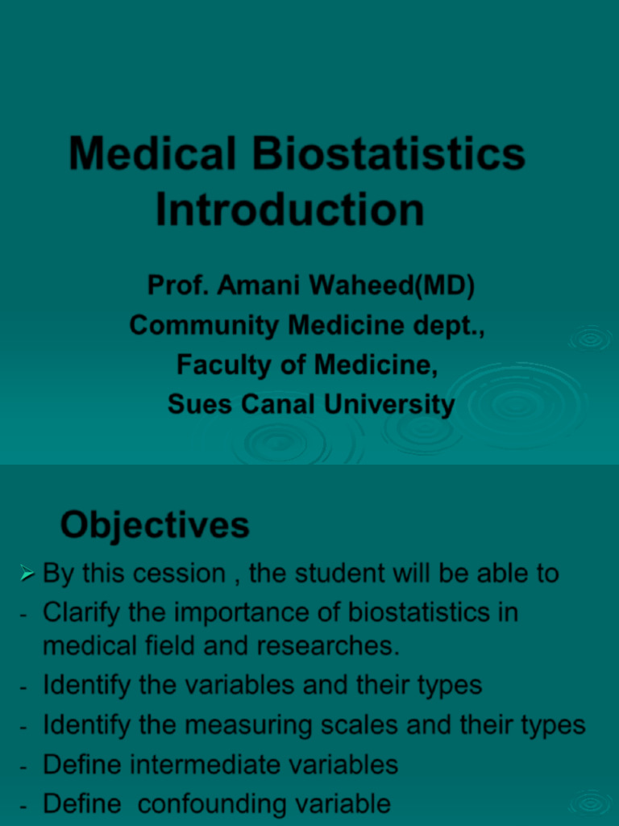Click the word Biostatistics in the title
pyautogui.click(x=388, y=153)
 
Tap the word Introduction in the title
pyautogui.click(x=290, y=209)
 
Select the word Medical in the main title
pyautogui.click(x=152, y=153)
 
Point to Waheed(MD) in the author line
pyautogui.click(x=392, y=286)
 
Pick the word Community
pyautogui.click(x=204, y=325)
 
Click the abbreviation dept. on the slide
pyautogui.click(x=448, y=326)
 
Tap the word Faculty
pyautogui.click(x=224, y=365)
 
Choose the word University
pyautogui.click(x=389, y=405)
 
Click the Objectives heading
pyautogui.click(x=155, y=525)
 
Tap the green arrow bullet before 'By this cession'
pyautogui.click(x=27, y=573)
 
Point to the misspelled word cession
pyautogui.click(x=180, y=574)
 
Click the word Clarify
pyautogui.click(x=81, y=613)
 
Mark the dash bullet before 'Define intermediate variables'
pyautogui.click(x=23, y=767)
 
